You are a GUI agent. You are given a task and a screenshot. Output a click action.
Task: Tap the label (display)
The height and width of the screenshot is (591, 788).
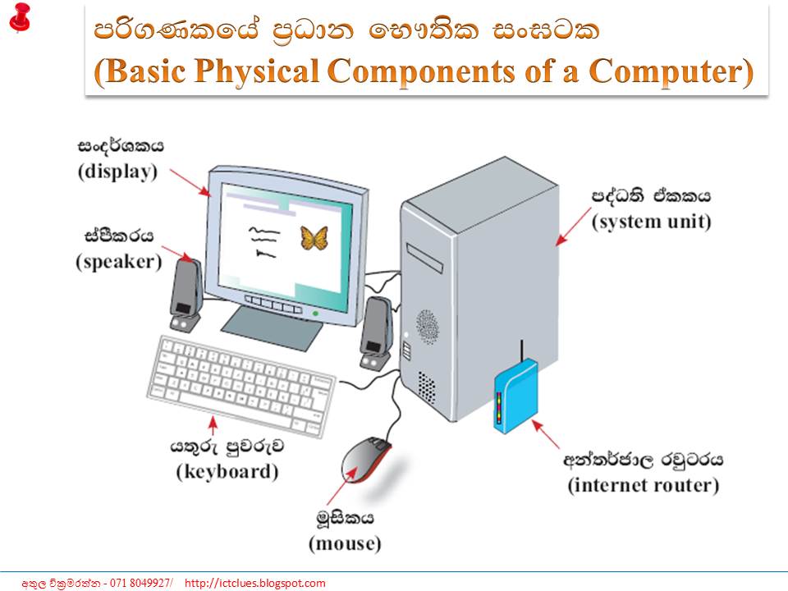(x=117, y=172)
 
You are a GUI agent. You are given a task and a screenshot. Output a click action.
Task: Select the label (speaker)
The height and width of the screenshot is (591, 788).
(x=119, y=262)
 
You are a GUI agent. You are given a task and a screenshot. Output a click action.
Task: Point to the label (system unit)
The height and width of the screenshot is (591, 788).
(x=652, y=222)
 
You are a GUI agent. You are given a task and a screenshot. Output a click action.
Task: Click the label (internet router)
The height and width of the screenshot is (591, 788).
(x=644, y=485)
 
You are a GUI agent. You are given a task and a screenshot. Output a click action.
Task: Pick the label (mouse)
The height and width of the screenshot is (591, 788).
(x=345, y=543)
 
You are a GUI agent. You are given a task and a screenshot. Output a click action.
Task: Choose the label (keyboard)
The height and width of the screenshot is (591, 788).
(x=227, y=472)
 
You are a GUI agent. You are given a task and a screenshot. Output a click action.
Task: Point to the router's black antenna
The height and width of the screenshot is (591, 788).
(x=520, y=350)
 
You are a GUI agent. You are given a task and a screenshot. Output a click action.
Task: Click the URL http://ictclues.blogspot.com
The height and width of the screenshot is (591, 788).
(x=255, y=584)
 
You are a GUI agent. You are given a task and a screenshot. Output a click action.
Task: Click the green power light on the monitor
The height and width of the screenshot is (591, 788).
(x=315, y=314)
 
